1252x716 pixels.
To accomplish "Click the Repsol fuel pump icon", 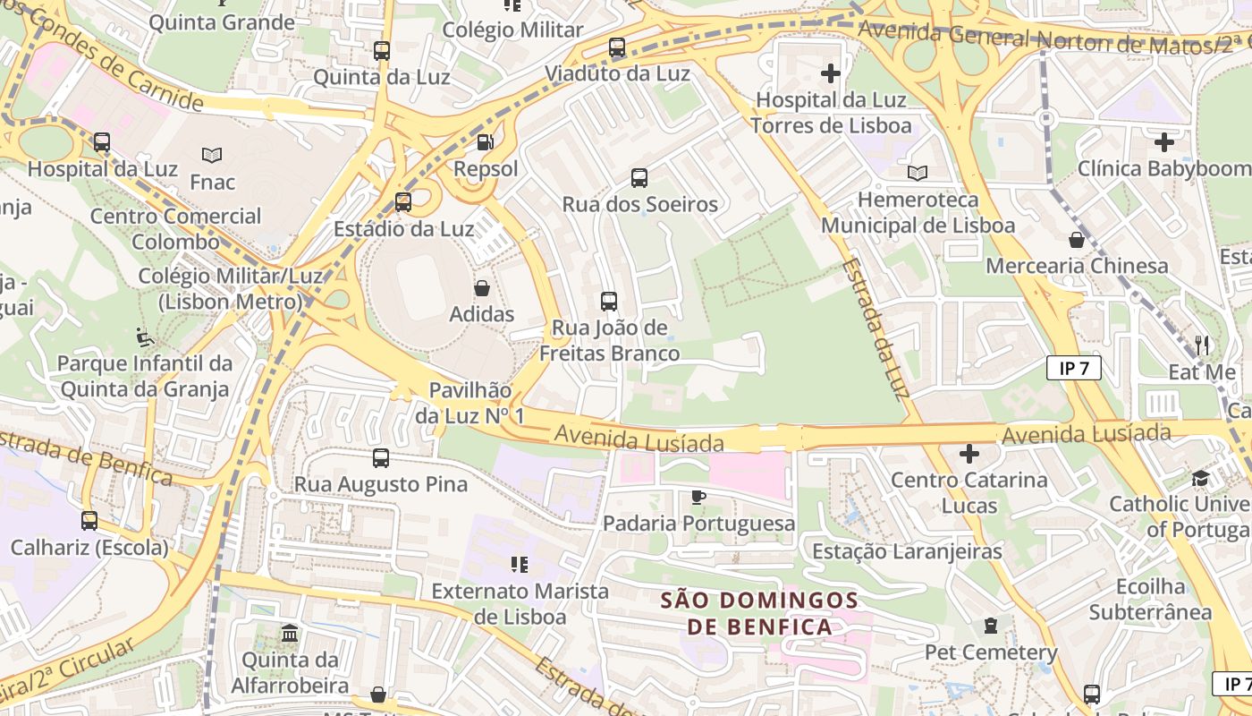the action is click(x=485, y=141).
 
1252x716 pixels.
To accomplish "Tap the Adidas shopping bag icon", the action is click(x=482, y=288).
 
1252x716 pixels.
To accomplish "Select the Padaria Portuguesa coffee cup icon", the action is click(x=698, y=497).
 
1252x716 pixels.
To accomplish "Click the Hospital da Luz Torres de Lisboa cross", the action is click(x=831, y=73).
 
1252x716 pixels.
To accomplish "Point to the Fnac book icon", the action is click(x=212, y=156).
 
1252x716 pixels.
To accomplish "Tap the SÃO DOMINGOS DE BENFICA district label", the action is click(x=760, y=613).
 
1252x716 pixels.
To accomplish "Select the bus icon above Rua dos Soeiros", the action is click(x=639, y=178).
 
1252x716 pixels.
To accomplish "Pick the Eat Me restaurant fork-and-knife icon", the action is click(x=1202, y=345).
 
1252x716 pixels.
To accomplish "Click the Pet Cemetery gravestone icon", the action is click(x=991, y=626).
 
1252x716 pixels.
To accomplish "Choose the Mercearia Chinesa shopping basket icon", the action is click(x=1077, y=240).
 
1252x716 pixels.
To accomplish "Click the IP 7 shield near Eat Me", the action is click(x=1073, y=368).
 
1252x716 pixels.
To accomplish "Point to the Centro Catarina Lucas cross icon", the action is click(x=969, y=454).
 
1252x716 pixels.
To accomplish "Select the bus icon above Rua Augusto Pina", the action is click(x=381, y=458).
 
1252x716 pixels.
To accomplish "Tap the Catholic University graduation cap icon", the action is click(x=1200, y=478).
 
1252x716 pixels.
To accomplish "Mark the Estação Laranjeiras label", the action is click(x=907, y=551).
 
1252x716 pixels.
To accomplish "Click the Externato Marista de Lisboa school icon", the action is click(x=519, y=564).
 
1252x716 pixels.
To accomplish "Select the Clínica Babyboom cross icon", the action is click(x=1163, y=141).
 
